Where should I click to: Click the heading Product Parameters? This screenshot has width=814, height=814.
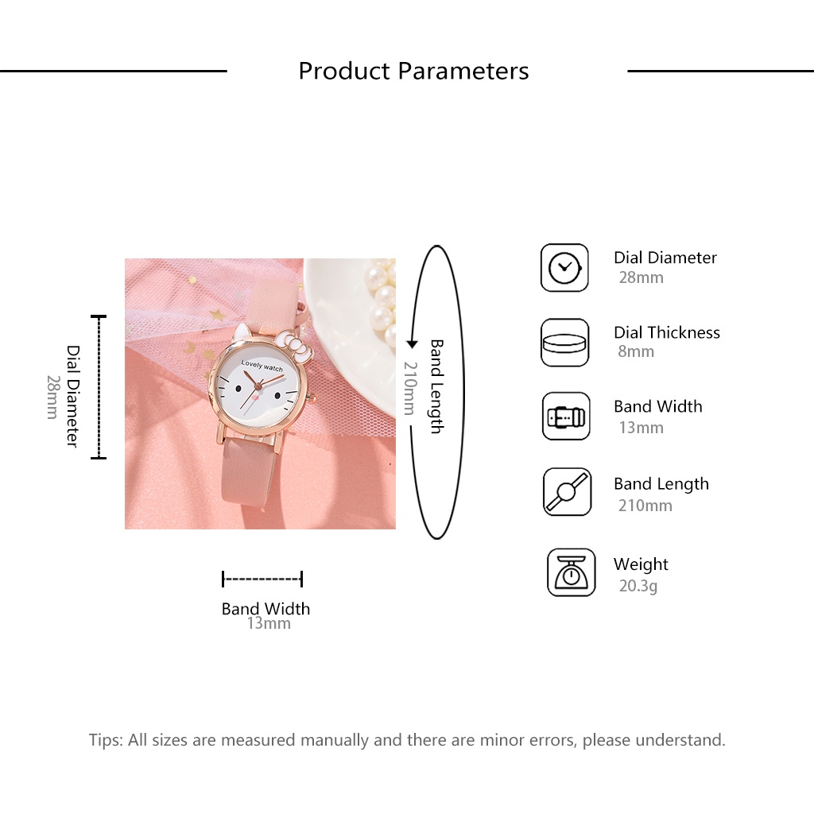point(413,71)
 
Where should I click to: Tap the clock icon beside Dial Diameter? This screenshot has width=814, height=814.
point(564,267)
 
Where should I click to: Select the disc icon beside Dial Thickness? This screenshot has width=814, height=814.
point(564,343)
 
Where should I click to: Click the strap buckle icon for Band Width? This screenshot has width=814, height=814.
point(566,417)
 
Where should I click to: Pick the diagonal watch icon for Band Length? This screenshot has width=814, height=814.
point(567,491)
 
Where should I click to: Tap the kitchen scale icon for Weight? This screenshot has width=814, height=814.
point(571,572)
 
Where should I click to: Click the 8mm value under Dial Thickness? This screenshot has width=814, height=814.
point(635,351)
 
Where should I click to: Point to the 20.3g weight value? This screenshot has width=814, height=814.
point(638,586)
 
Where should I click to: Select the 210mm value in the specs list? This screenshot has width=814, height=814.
point(645,505)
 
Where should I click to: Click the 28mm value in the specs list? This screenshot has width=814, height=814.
point(641,277)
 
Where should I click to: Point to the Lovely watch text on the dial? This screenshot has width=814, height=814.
point(262,366)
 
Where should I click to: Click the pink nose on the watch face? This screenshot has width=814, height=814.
point(255,397)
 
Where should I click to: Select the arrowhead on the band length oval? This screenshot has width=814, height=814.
point(412,343)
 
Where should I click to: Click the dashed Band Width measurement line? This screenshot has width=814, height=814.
point(262,579)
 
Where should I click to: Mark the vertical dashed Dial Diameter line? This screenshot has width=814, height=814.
point(99,387)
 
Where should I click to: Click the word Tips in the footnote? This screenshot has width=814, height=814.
point(106,740)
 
